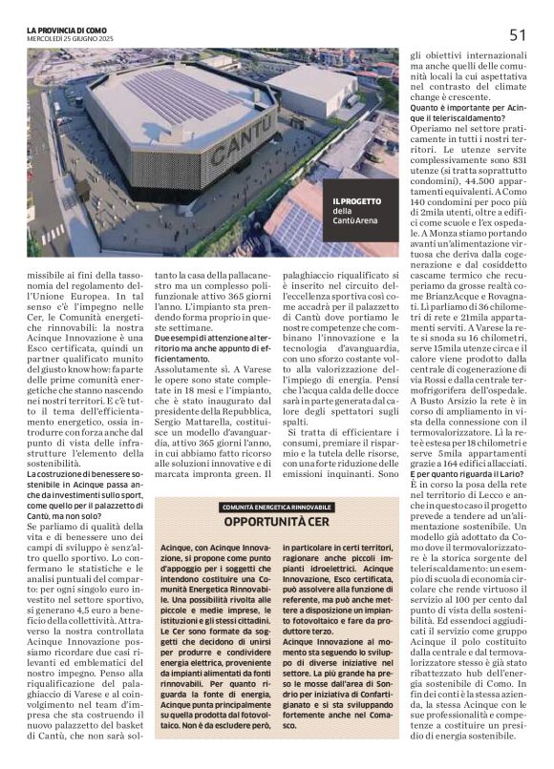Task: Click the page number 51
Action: click(x=519, y=34)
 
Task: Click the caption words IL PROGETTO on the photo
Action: click(x=356, y=201)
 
